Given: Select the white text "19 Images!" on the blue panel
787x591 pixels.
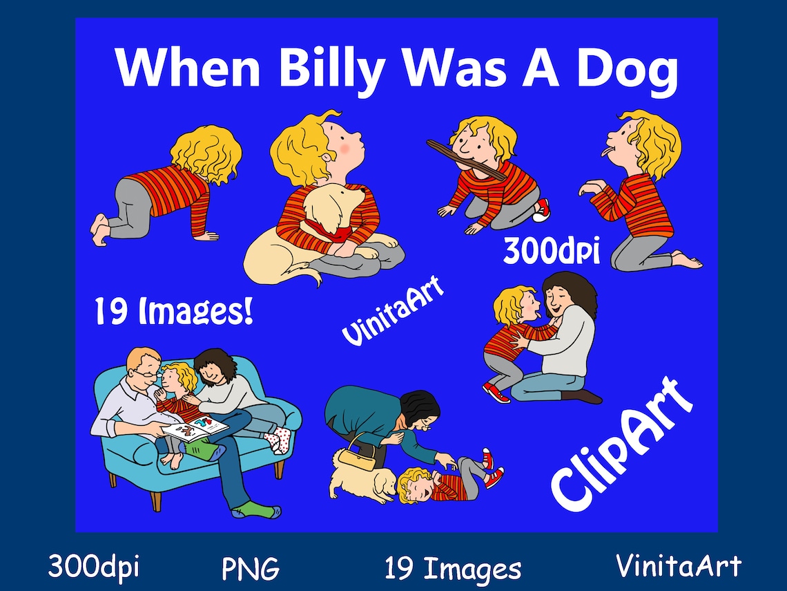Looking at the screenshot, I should pyautogui.click(x=173, y=312).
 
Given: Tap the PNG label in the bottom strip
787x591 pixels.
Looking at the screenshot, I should pyautogui.click(x=251, y=569).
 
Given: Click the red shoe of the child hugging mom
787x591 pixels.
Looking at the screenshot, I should pyautogui.click(x=496, y=393).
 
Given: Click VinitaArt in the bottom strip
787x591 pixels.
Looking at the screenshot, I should pyautogui.click(x=679, y=566).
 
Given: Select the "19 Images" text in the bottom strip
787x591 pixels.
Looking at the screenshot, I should pyautogui.click(x=453, y=569).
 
